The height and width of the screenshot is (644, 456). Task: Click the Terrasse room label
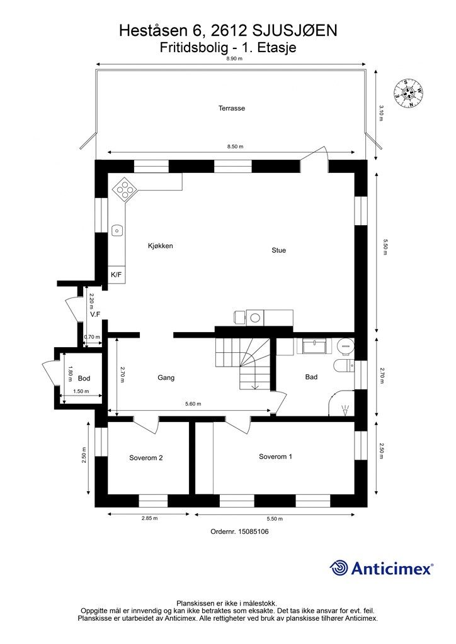click(232, 108)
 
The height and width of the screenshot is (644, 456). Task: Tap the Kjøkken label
click(161, 246)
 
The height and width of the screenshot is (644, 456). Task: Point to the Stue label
click(278, 250)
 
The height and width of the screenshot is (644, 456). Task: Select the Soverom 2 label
click(146, 458)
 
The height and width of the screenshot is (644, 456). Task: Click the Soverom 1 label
click(275, 457)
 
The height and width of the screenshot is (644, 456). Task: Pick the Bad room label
click(311, 377)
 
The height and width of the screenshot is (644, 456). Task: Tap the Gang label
click(166, 378)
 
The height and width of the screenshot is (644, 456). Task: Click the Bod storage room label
click(84, 378)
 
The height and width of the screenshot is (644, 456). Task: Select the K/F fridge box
click(117, 275)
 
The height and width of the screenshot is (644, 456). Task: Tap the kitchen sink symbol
click(117, 230)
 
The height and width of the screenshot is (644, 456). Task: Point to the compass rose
click(408, 93)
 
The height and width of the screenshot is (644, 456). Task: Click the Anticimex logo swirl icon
click(339, 568)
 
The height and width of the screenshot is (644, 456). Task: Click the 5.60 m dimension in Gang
click(193, 404)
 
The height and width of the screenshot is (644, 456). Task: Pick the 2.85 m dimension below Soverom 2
click(149, 518)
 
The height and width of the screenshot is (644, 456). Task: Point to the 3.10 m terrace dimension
click(381, 113)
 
